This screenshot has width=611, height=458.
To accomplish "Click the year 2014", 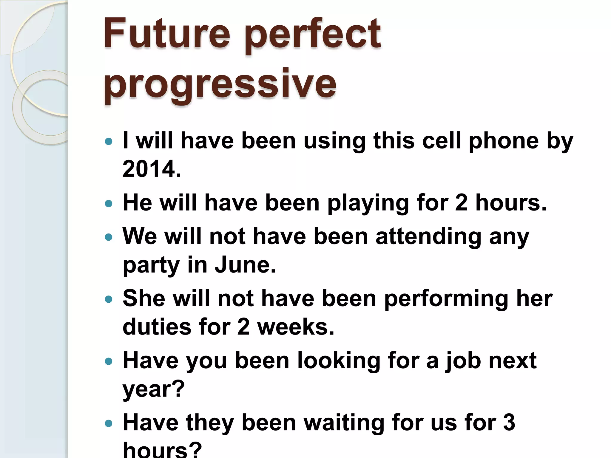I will tap(152, 169).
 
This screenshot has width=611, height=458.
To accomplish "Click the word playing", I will tap(368, 203).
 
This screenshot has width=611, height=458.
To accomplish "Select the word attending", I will tap(428, 236).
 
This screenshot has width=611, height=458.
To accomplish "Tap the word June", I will tap(245, 265).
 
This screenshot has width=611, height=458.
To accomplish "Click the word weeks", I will tap(296, 327).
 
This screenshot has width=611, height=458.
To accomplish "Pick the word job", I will tap(463, 361).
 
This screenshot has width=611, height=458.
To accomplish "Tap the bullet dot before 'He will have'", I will tap(109, 204).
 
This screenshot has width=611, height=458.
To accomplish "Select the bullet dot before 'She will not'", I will tap(109, 299).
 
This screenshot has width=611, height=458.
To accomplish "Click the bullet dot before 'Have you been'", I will tap(109, 362).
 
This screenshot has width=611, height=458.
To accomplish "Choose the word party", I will tap(151, 265).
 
